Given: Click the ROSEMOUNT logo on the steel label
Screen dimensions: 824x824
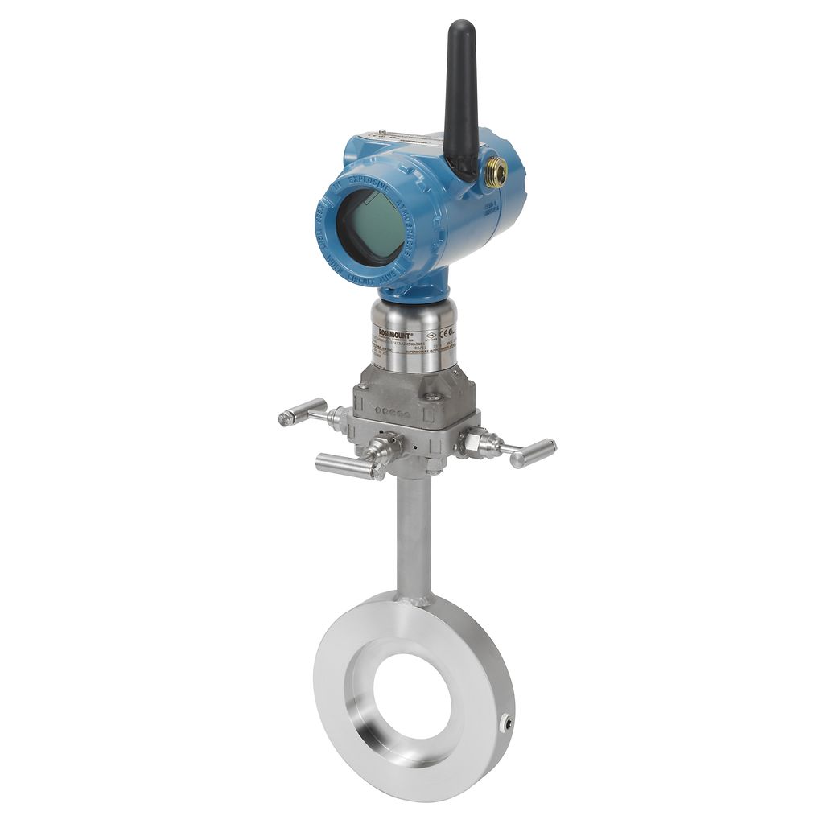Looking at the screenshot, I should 395,332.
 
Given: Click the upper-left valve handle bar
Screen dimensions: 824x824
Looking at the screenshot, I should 302,412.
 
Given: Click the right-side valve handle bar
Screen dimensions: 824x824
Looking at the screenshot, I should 532,453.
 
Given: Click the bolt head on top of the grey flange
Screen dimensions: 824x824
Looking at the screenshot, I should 432,397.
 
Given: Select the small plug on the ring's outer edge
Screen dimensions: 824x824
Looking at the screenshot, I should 506,723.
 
